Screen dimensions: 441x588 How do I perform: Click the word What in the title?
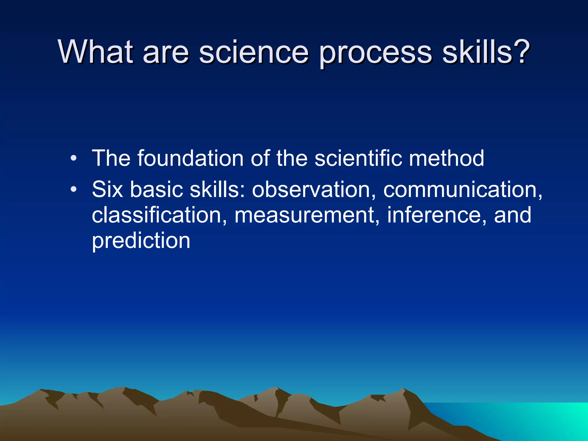[96, 52]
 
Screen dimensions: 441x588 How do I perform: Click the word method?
[446, 158]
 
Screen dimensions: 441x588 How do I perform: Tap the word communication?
[462, 190]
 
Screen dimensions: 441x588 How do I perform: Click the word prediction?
[141, 241]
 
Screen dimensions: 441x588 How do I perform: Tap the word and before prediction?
[512, 215]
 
